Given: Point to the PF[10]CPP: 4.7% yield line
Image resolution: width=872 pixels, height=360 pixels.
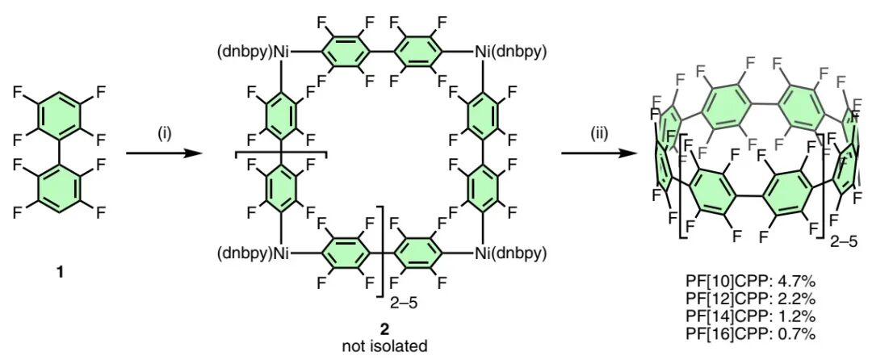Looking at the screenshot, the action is coord(750,283).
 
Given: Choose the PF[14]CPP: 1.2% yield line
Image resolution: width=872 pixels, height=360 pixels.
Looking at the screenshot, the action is coord(750,316).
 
